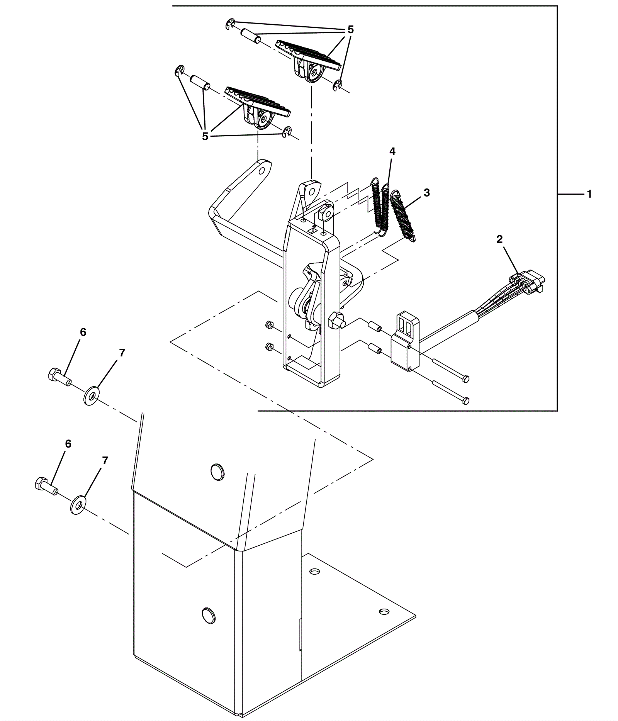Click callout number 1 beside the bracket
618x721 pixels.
(589, 194)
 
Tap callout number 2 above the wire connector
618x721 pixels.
(499, 239)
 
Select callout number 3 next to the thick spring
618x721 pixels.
(427, 193)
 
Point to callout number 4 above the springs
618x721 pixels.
(392, 151)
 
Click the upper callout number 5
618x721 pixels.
(350, 29)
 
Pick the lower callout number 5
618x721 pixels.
(205, 136)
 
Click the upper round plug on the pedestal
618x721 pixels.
(217, 472)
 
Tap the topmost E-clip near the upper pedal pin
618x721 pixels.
(230, 24)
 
